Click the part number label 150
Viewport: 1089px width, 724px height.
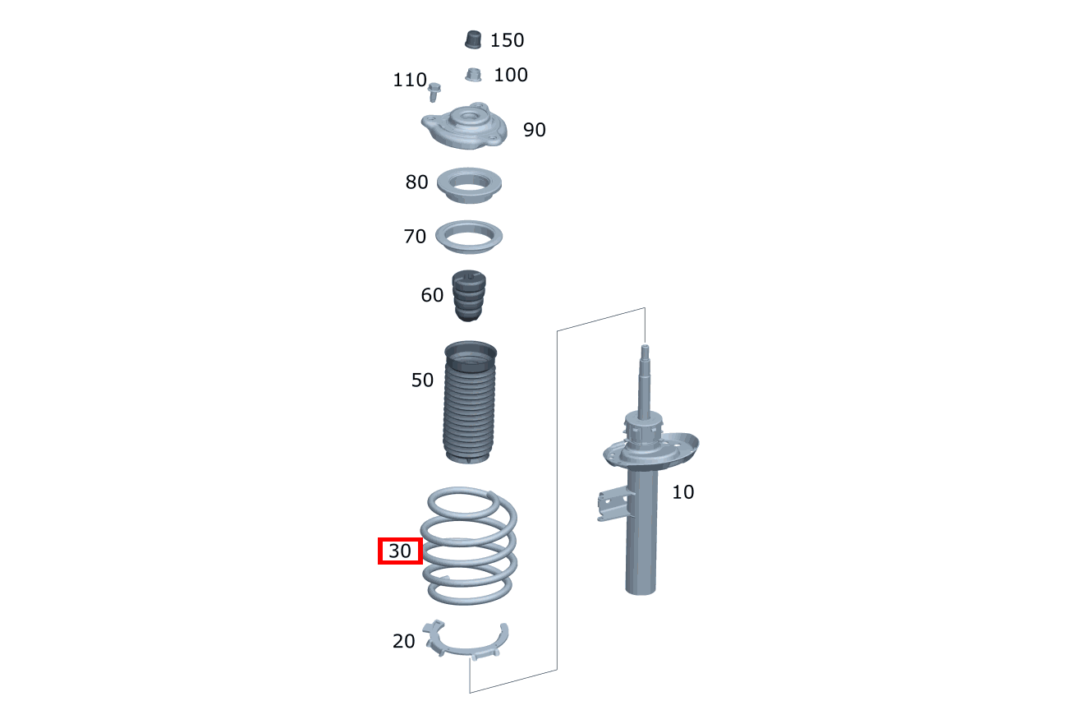click(x=507, y=40)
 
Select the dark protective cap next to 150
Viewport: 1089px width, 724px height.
click(x=473, y=39)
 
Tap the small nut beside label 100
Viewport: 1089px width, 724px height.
click(x=472, y=75)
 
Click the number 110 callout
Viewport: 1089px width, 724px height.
click(x=410, y=80)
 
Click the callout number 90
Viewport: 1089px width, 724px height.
click(x=534, y=130)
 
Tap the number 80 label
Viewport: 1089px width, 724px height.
click(x=416, y=182)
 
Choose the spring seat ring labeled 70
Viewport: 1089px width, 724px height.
click(x=468, y=237)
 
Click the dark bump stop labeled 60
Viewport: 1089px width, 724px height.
click(x=470, y=297)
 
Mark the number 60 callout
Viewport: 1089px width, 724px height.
click(x=432, y=295)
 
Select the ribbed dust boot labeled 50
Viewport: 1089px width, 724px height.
click(x=471, y=403)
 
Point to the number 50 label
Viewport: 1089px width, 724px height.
click(x=422, y=380)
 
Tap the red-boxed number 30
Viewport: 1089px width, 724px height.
click(x=400, y=551)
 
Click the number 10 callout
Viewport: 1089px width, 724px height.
click(x=682, y=492)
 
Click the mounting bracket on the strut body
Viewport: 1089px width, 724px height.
click(x=612, y=503)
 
